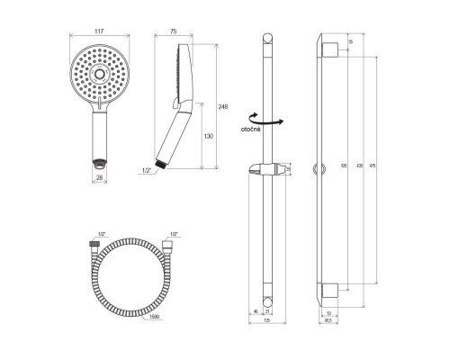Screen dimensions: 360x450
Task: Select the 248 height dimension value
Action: (x=222, y=105)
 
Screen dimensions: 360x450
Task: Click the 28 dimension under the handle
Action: (x=100, y=177)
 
